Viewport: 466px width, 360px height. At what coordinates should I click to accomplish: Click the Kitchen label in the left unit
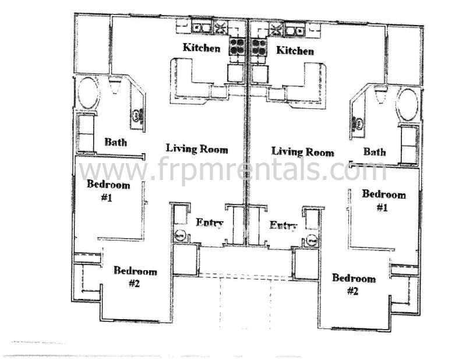pyautogui.click(x=202, y=48)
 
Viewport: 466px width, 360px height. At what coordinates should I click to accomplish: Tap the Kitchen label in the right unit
pyautogui.click(x=295, y=51)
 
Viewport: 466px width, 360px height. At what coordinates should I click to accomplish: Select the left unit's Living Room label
pyautogui.click(x=197, y=149)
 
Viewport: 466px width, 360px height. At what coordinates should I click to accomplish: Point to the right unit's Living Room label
pyautogui.click(x=303, y=152)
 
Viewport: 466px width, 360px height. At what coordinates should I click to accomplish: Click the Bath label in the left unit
pyautogui.click(x=115, y=142)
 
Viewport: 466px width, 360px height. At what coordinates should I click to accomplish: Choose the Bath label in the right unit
pyautogui.click(x=375, y=152)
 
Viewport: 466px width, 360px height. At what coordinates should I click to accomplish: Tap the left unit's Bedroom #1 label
pyautogui.click(x=108, y=190)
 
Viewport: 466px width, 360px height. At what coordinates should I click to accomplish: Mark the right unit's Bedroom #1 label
pyautogui.click(x=384, y=200)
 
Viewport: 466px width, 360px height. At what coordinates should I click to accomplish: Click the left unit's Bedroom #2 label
pyautogui.click(x=135, y=277)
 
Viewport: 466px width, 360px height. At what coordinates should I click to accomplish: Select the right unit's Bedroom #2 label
pyautogui.click(x=354, y=284)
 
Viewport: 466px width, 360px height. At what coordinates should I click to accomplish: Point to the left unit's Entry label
pyautogui.click(x=210, y=223)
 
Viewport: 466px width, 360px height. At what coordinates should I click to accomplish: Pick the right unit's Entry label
pyautogui.click(x=283, y=225)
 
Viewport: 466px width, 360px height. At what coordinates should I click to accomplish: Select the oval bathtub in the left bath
pyautogui.click(x=88, y=93)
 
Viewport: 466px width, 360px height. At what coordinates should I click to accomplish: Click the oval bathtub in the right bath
pyautogui.click(x=408, y=104)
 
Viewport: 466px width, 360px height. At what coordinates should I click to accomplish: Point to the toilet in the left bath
pyautogui.click(x=115, y=84)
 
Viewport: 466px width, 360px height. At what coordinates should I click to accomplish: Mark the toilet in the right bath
pyautogui.click(x=380, y=94)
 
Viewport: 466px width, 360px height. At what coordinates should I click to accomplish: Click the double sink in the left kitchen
pyautogui.click(x=202, y=27)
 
